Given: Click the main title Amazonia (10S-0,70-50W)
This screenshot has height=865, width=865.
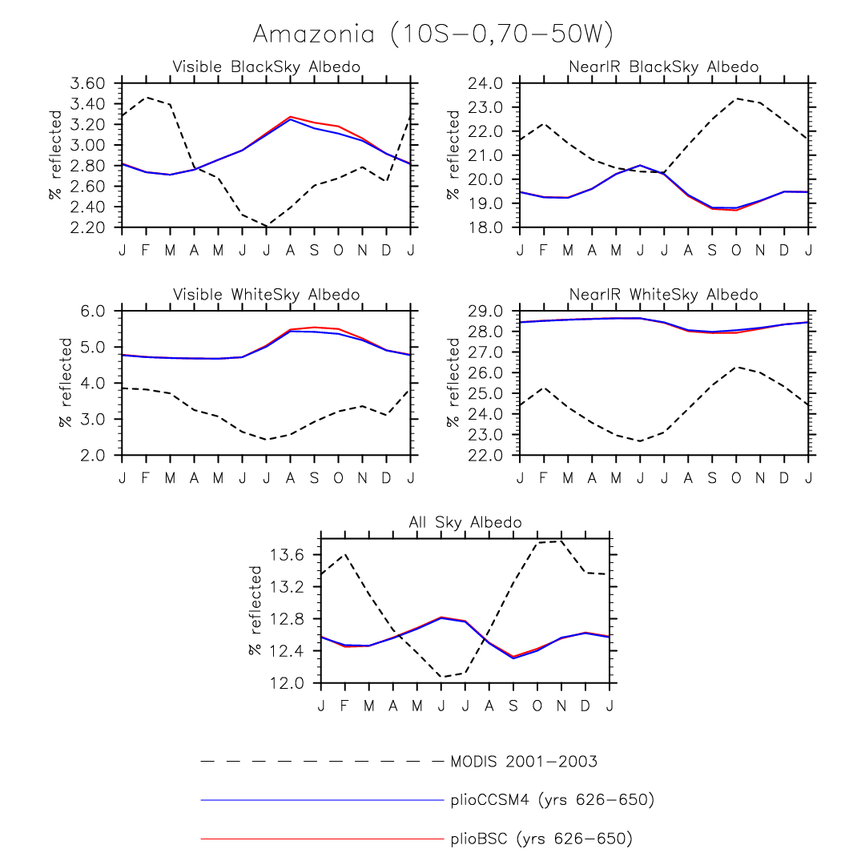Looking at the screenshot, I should coord(432,34).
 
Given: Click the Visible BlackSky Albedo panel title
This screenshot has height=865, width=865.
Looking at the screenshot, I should coord(266,66).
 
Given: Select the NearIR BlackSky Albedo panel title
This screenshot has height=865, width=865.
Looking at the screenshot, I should coord(663,66).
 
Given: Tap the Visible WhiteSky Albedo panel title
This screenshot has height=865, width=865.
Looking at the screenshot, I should coord(266,295).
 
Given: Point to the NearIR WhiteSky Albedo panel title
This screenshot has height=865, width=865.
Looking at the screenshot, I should coord(663,295).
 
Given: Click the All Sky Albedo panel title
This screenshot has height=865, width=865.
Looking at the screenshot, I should coord(465,522).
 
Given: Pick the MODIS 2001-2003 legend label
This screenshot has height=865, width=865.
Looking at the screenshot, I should coord(524,761).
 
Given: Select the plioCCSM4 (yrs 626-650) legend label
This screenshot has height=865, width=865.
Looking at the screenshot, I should coord(553,799).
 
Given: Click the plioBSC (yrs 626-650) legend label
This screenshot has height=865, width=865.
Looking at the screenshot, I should coord(541,839).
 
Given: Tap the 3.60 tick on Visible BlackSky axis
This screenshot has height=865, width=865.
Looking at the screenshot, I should coord(88,83).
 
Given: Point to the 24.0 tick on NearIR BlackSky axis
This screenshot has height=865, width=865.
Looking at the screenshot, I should coord(487,83).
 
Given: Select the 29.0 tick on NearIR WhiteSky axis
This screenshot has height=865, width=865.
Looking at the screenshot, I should coord(487,311).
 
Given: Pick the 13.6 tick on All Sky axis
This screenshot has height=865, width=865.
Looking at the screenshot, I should coord(288,555).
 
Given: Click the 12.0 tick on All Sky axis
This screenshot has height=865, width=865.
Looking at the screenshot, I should coord(288,683).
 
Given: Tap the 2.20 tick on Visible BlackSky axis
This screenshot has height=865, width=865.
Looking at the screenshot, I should coord(88,227).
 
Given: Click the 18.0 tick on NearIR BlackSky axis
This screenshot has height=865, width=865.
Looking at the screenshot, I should coord(487,227).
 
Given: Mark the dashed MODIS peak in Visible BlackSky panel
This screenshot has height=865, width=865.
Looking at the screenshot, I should coord(146,97).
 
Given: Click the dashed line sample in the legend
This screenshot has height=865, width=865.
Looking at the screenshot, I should coord(320,761).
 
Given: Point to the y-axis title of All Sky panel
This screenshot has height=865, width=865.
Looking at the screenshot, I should coord(255,610).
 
